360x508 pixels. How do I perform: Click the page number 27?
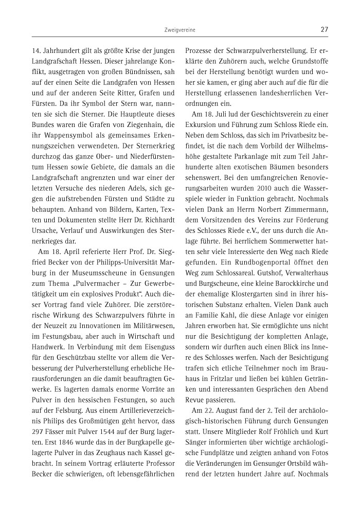[x=324, y=30]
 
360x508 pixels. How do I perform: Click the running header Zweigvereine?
[x=180, y=30]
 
